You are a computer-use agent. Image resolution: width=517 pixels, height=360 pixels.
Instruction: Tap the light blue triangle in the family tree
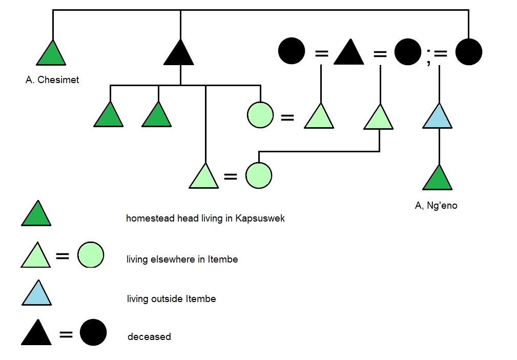click(x=438, y=117)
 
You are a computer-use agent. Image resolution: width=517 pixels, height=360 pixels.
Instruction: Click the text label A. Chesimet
click(x=52, y=80)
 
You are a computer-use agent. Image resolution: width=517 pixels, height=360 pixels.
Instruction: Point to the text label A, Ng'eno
click(x=436, y=206)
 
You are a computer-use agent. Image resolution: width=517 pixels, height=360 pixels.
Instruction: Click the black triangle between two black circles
click(x=348, y=53)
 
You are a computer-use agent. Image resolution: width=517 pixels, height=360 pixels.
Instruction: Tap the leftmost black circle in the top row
click(x=292, y=51)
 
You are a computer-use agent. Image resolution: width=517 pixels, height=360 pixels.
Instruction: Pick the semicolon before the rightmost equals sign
click(x=428, y=52)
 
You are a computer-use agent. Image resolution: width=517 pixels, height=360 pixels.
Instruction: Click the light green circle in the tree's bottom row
click(x=258, y=176)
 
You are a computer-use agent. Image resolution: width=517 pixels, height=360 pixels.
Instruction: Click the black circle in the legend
click(x=93, y=332)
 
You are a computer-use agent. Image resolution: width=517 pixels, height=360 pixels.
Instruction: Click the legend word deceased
click(x=149, y=337)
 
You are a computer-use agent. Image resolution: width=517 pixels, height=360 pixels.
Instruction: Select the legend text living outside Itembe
click(x=171, y=298)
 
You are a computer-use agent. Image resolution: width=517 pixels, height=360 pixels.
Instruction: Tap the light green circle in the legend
click(x=91, y=255)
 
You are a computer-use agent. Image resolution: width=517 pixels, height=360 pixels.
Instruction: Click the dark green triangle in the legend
click(x=36, y=215)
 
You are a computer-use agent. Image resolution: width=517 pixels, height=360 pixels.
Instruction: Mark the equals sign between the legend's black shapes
click(x=66, y=335)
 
